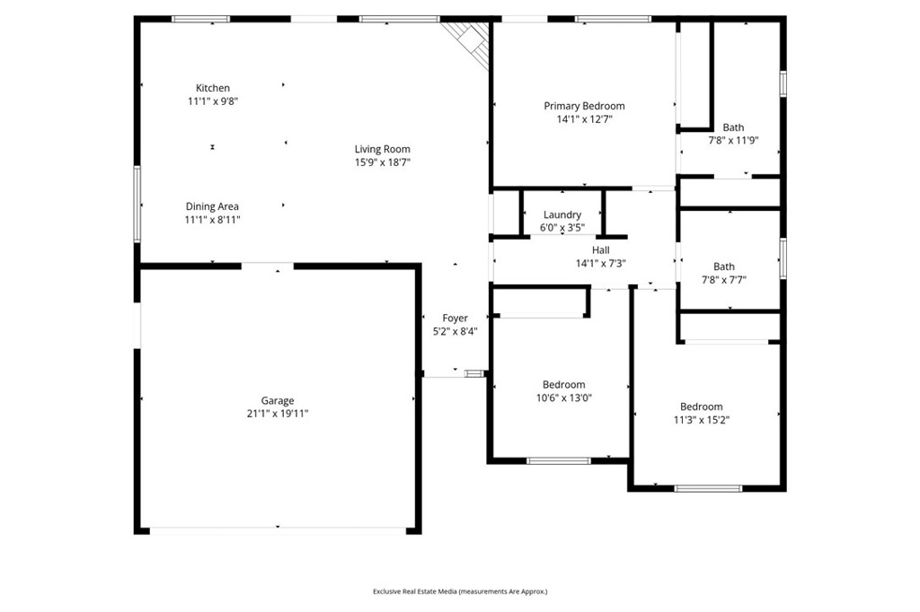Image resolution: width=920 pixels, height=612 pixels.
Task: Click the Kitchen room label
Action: (213, 88)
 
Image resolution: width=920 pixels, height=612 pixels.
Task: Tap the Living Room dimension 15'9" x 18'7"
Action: (383, 162)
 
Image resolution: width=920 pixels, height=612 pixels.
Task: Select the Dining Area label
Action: (212, 206)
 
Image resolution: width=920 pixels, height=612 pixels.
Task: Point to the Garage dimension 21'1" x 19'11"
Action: (278, 414)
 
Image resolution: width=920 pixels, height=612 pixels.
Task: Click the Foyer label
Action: (455, 318)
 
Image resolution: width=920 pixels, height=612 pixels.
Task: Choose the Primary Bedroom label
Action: (584, 106)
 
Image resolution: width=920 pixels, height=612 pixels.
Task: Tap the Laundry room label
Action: (562, 214)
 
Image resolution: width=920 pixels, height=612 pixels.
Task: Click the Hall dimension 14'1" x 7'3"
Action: (600, 264)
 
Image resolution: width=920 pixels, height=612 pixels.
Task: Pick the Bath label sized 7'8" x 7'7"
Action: (723, 267)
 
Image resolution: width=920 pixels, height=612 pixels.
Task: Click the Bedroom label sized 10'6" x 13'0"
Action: (563, 385)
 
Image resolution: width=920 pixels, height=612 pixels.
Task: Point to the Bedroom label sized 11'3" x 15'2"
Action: (701, 407)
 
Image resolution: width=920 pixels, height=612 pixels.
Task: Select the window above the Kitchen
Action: (200, 19)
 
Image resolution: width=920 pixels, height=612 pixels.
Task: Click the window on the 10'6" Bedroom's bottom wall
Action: (558, 461)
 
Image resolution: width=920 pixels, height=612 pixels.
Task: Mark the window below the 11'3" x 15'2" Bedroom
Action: (707, 488)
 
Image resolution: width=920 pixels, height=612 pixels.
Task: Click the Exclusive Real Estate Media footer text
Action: (460, 591)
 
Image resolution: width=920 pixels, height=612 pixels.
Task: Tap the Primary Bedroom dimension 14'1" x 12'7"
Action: (584, 118)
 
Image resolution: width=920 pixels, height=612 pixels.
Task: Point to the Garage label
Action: (278, 401)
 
